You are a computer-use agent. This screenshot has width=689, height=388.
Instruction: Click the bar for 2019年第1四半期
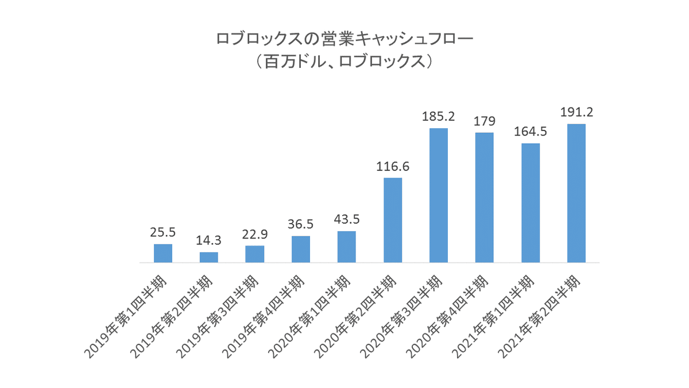coord(163,253)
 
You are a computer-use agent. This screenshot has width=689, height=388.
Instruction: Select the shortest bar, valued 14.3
coord(209,258)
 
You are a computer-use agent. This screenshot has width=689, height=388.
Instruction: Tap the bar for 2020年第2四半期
coord(393,220)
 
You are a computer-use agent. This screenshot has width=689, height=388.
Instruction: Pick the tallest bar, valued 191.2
coord(576,193)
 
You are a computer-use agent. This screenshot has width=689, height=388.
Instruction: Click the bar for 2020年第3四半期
coord(439,195)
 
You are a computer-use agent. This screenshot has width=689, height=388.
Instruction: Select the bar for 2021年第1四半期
coord(531,203)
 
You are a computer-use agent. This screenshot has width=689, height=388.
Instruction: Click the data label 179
coord(485,121)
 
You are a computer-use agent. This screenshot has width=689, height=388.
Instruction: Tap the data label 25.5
coord(163,233)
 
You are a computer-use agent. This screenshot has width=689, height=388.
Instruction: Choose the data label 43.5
coord(347,220)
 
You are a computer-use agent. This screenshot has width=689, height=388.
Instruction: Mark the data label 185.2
coord(439,117)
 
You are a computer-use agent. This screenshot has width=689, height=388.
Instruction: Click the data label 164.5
coord(531,132)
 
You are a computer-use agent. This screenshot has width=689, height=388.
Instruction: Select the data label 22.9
coord(255,235)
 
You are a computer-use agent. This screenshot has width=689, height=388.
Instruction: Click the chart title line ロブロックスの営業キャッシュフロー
coord(344,39)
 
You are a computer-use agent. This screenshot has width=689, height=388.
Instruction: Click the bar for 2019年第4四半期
coord(301,249)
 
